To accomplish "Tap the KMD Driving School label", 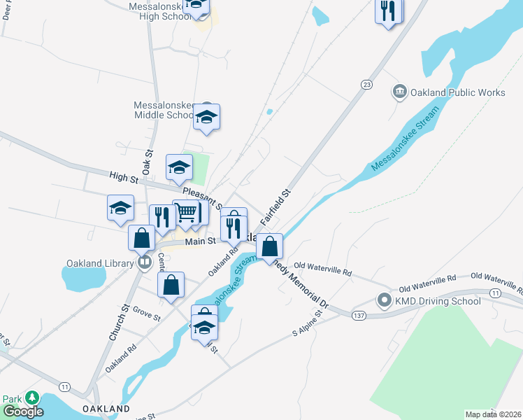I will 437,301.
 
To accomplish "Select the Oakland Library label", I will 99,263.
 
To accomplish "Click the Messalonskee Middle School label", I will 164,110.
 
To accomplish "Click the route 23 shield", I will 366,84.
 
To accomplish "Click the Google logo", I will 23,412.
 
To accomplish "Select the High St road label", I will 120,175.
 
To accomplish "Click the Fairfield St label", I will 275,206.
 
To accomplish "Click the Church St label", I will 117,323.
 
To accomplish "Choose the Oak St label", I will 147,162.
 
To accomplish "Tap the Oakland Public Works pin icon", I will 400,91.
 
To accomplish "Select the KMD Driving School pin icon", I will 384,301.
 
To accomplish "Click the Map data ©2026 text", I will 494,414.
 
